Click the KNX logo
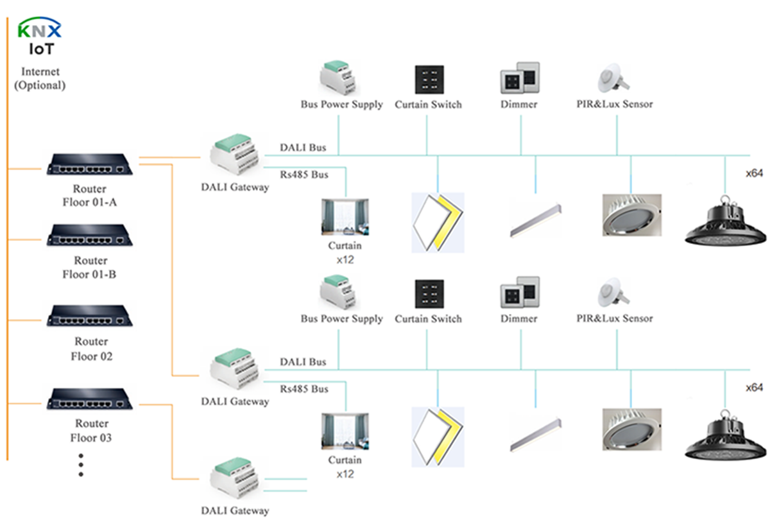point(39,30)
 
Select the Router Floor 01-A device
point(90,165)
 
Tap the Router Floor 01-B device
point(90,235)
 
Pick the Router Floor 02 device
point(90,316)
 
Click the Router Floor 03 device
point(90,399)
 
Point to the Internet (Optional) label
point(39,78)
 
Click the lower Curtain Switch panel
point(429,294)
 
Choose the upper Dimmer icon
point(520,78)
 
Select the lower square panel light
point(438,436)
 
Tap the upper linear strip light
point(536,220)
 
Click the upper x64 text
point(754,173)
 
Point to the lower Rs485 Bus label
point(304,389)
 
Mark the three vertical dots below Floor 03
point(81,464)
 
